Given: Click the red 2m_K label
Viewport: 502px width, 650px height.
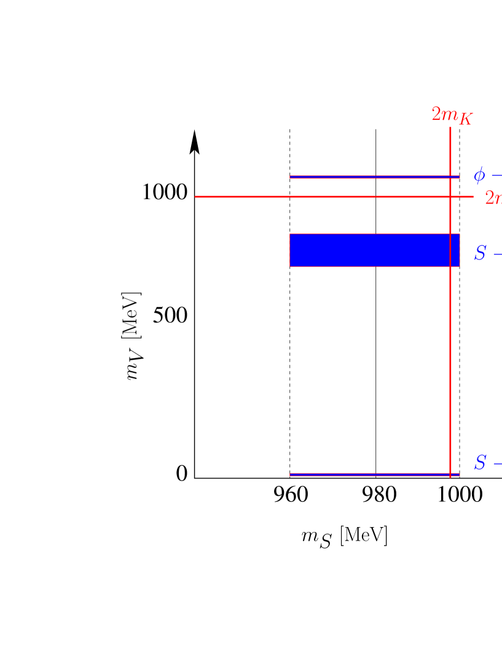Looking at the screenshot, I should [x=452, y=116].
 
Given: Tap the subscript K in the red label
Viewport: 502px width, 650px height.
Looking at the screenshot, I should [x=465, y=119].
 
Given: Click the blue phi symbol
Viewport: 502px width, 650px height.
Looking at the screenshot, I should [x=479, y=176].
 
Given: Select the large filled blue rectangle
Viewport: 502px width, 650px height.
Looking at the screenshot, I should [x=374, y=250].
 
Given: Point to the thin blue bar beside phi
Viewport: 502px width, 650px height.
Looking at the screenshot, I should [x=374, y=177].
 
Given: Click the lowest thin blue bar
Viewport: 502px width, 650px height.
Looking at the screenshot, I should [x=374, y=474].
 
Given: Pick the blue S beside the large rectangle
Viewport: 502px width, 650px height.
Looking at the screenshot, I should [x=480, y=253].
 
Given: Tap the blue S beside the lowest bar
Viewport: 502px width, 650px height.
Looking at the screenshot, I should [x=480, y=463].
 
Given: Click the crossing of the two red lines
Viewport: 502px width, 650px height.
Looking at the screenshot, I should [x=450, y=197].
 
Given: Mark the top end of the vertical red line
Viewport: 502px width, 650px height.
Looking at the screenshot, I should [x=450, y=128].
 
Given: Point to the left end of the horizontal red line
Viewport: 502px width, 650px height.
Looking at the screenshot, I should [x=196, y=197].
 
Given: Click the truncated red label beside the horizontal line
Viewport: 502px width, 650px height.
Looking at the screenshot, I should [x=493, y=198].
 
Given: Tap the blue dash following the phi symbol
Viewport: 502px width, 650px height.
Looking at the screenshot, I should [x=496, y=175].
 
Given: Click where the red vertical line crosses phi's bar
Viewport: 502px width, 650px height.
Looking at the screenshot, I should [x=450, y=177].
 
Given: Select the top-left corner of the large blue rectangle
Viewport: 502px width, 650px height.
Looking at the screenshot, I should [x=290, y=234].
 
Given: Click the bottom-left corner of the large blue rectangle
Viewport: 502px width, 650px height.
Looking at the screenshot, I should [x=290, y=266].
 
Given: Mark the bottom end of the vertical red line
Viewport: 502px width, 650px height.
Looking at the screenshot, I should [x=450, y=477].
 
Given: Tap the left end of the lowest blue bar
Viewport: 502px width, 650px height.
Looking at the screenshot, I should [x=291, y=474].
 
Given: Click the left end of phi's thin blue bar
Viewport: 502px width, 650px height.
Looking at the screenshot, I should [x=291, y=177].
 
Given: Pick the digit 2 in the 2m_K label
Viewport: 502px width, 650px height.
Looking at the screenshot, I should [x=436, y=114].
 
